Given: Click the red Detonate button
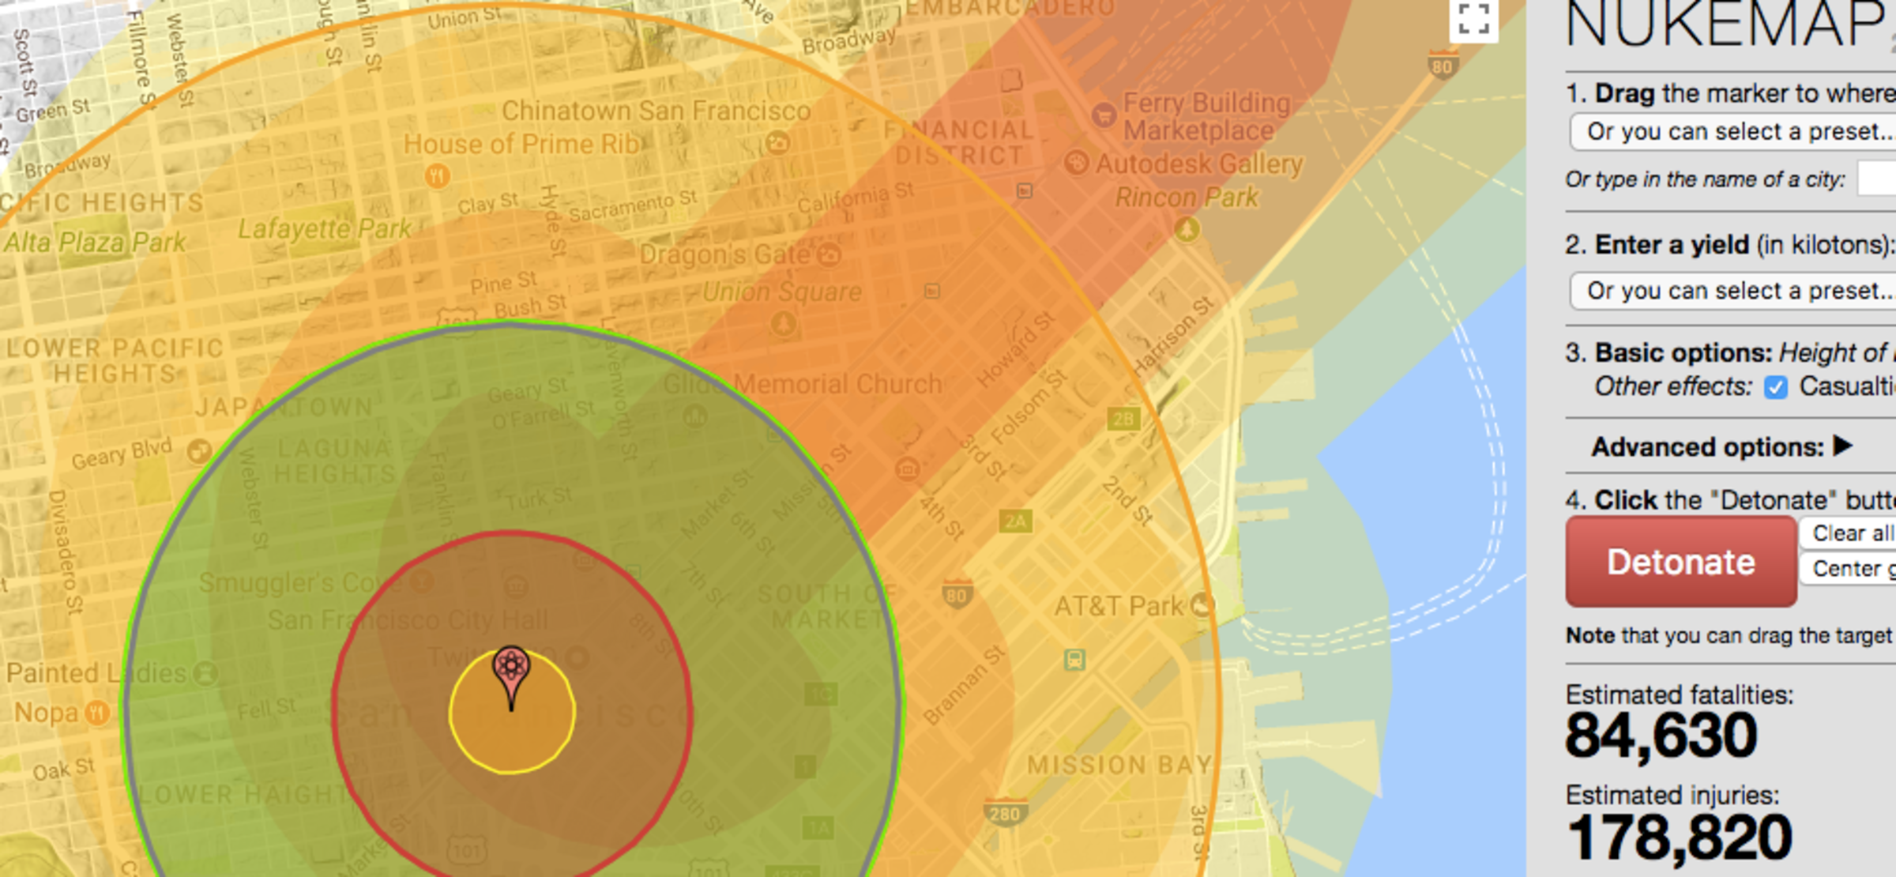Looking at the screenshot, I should [1680, 562].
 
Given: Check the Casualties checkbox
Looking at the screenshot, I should [1776, 388].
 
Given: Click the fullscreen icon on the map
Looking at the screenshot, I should [1473, 20].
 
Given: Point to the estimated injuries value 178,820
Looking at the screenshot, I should [1679, 837].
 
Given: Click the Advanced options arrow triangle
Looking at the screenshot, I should [1842, 446].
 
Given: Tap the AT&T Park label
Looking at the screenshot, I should [1119, 607].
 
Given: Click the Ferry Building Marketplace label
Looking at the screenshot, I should [1206, 116].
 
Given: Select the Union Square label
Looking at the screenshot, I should [782, 292].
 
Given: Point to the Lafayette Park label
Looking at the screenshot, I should [324, 230].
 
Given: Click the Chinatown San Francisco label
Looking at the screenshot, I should [656, 111].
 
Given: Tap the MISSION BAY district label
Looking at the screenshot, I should [1119, 765].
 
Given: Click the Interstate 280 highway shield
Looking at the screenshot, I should [1004, 813].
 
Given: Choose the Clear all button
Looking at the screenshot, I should [1851, 533].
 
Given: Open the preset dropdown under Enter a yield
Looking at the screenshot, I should [1734, 291].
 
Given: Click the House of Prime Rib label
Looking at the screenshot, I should [521, 145].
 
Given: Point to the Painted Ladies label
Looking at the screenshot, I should [96, 673].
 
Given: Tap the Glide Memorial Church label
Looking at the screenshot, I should [802, 385].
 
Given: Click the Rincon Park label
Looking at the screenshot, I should [1186, 198].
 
